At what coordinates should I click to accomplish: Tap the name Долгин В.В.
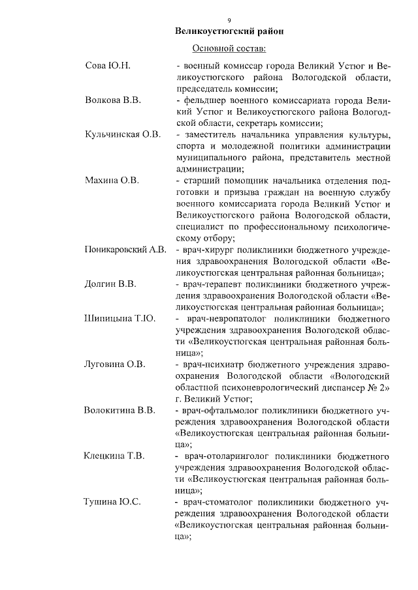click(x=110, y=284)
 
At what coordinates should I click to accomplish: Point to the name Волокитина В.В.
click(x=120, y=410)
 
